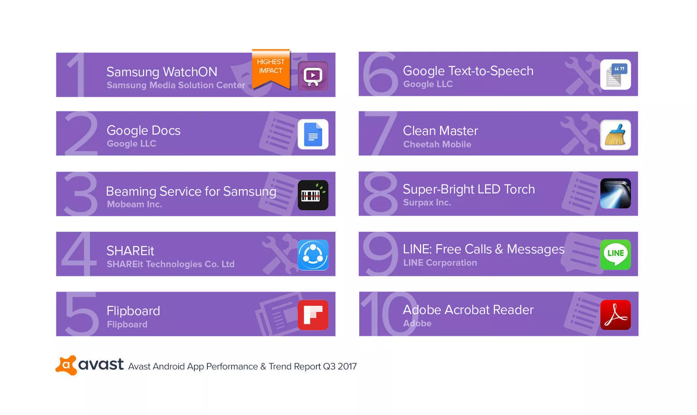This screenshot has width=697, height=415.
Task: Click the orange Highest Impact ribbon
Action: [x=271, y=68]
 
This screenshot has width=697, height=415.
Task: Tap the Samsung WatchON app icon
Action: [x=313, y=75]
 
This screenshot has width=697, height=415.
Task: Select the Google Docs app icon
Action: [x=313, y=134]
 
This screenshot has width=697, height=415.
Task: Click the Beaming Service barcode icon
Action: [x=313, y=195]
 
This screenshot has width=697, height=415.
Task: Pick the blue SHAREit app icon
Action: [x=313, y=255]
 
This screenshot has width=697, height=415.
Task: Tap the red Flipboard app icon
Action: [x=313, y=315]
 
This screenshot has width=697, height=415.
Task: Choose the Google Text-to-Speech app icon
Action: [x=615, y=74]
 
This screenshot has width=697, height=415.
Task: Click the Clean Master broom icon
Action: [x=615, y=135]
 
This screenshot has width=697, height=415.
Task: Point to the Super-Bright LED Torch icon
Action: [x=615, y=193]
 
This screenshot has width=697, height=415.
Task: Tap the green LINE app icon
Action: [x=615, y=254]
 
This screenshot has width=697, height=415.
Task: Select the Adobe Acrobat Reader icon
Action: [x=615, y=315]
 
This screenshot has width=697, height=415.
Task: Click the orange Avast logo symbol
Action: [x=66, y=365]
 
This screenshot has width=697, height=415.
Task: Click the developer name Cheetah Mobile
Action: [x=437, y=144]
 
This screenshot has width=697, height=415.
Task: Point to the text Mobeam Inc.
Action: [x=134, y=204]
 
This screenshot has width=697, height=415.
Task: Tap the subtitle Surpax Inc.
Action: [x=427, y=203]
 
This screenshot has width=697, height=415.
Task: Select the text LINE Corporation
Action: [x=440, y=263]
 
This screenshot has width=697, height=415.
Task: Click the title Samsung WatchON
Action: [x=162, y=72]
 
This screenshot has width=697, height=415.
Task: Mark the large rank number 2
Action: [x=81, y=133]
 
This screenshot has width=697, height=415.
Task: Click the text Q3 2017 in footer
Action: [x=340, y=366]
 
